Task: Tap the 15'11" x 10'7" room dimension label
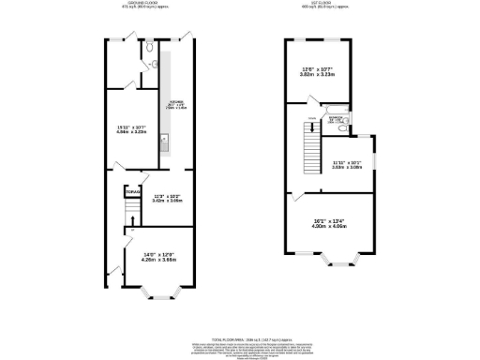[130, 130]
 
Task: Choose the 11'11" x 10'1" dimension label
[347, 165]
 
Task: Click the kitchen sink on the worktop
[163, 144]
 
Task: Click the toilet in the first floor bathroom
[344, 122]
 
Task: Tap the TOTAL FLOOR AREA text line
[239, 336]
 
